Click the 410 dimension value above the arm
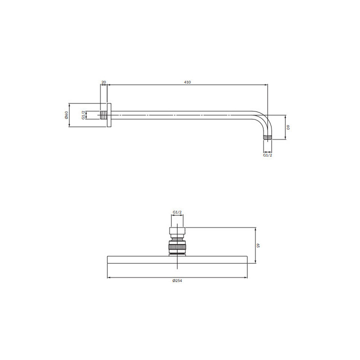coord(187,81)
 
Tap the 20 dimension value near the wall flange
coord(103,81)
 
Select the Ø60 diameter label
coord(66,115)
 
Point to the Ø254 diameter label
coord(177,281)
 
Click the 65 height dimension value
coord(258,245)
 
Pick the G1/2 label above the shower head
coord(177,212)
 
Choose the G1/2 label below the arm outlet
coord(267,155)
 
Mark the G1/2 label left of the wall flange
coord(83,115)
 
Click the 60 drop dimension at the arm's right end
coord(288,127)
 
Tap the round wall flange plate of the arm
coord(109,115)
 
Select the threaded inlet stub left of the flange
coord(103,115)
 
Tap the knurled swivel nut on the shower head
coord(177,247)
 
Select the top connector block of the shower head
coord(177,231)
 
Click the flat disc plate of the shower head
coord(177,259)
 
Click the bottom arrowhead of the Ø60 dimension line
coord(69,126)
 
